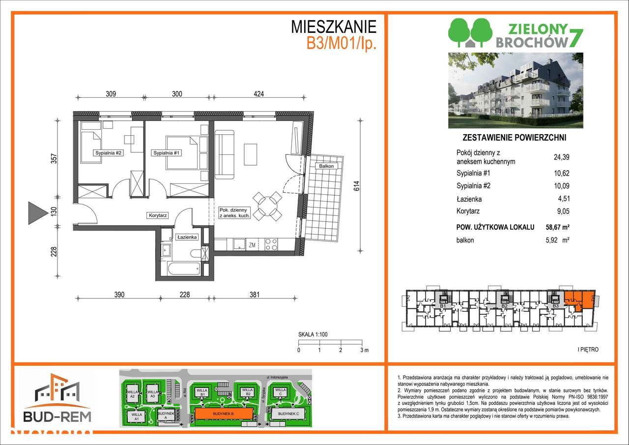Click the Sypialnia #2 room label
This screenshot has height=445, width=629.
(x=108, y=153)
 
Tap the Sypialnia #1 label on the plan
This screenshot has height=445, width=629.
(x=168, y=153)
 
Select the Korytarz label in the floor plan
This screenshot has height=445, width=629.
(x=159, y=215)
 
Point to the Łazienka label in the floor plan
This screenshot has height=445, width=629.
(x=187, y=237)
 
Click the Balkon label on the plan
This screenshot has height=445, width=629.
(x=325, y=166)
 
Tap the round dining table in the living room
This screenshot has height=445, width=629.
(x=267, y=205)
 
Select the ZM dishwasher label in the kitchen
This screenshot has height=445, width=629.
(x=252, y=244)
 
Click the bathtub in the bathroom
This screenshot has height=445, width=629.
(x=184, y=269)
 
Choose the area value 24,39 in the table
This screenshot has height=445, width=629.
(x=561, y=157)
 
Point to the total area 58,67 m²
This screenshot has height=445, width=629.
(x=561, y=227)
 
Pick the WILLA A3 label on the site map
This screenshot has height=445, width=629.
(x=153, y=394)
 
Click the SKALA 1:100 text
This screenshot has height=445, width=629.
(x=313, y=334)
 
